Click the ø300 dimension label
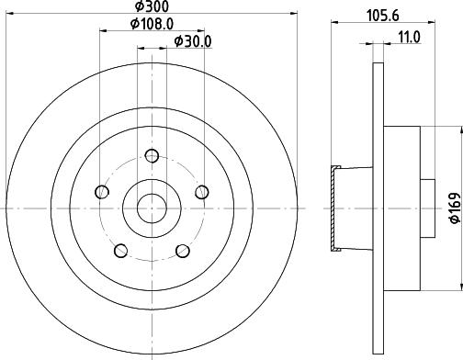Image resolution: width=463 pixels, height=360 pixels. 152,6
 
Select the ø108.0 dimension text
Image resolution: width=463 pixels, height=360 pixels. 152,24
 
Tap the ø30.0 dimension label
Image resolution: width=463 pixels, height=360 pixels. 193,41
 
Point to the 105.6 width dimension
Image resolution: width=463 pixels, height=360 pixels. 383,16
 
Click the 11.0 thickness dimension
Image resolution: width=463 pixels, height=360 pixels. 410,38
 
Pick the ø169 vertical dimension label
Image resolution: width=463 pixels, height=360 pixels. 454,208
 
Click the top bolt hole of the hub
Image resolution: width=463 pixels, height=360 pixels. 152,155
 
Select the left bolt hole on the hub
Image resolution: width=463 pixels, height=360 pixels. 102,192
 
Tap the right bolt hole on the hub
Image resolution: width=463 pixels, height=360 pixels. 202,192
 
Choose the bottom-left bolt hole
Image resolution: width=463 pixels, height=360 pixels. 121,251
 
